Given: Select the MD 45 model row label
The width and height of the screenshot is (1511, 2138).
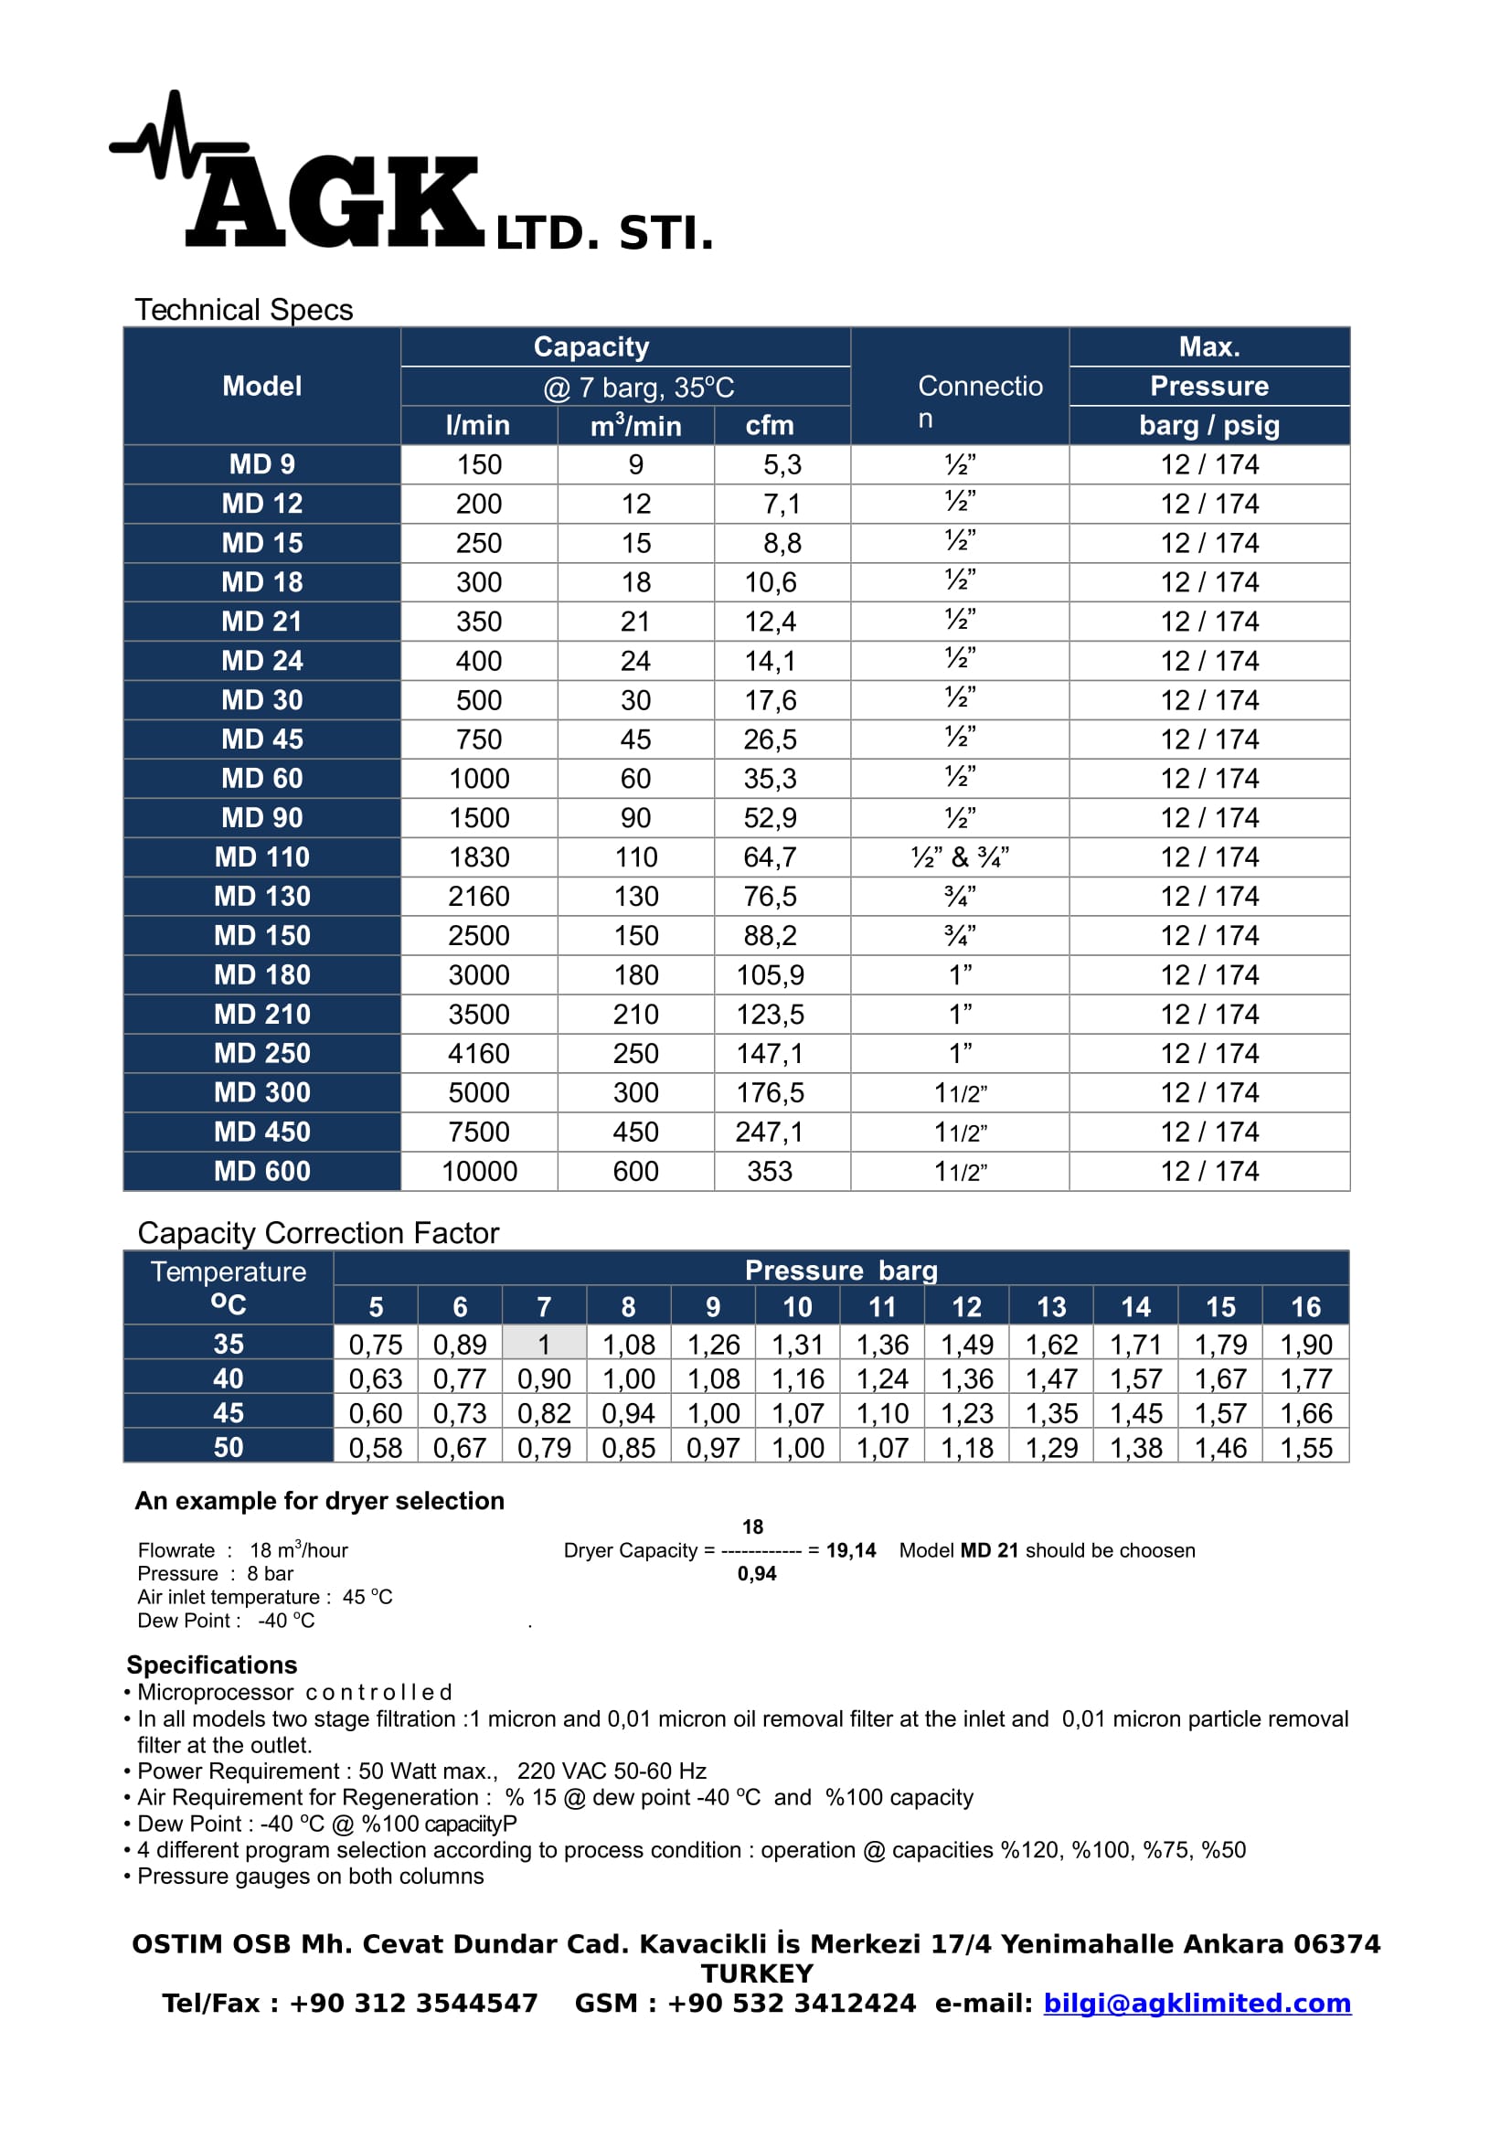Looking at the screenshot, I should pyautogui.click(x=261, y=739).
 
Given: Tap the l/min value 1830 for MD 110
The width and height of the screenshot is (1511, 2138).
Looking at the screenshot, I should pyautogui.click(x=479, y=856).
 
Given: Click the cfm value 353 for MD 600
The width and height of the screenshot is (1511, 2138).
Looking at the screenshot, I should pyautogui.click(x=769, y=1171).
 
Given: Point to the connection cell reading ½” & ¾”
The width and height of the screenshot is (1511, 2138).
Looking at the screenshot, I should pyautogui.click(x=959, y=856).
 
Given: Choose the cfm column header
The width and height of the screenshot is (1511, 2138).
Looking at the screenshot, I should pyautogui.click(x=769, y=426).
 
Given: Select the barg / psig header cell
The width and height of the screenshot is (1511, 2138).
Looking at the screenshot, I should pyautogui.click(x=1208, y=426).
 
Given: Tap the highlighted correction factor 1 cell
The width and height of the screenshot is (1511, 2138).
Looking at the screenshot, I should pyautogui.click(x=544, y=1344).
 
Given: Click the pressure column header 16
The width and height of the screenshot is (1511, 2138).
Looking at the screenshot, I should pyautogui.click(x=1305, y=1307).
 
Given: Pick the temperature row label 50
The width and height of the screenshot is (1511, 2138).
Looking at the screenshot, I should pyautogui.click(x=229, y=1447).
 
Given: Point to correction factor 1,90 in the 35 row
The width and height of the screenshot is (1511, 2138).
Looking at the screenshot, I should pyautogui.click(x=1305, y=1344).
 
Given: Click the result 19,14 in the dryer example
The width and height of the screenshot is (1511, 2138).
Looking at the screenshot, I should pyautogui.click(x=851, y=1550).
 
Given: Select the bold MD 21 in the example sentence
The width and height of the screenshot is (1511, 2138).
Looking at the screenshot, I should pyautogui.click(x=989, y=1550).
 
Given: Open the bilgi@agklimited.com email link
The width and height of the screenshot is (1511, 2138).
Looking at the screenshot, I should pyautogui.click(x=1197, y=2003).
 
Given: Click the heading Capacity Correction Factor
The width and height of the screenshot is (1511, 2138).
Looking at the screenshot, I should pyautogui.click(x=318, y=1233).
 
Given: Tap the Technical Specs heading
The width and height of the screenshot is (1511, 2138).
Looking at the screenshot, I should pyautogui.click(x=244, y=310).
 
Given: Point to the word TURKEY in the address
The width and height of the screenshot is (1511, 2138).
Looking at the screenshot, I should pyautogui.click(x=757, y=1973).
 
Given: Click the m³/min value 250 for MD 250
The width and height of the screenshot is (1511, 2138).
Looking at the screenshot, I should pyautogui.click(x=635, y=1053).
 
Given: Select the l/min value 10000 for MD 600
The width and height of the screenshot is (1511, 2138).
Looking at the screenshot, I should pyautogui.click(x=479, y=1171).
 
